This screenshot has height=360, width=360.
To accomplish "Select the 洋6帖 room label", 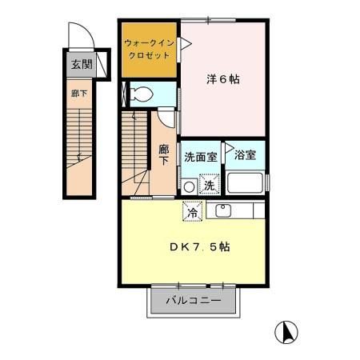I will [223, 79].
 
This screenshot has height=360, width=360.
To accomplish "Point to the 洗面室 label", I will [200, 157].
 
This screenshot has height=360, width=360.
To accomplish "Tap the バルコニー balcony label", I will [193, 302].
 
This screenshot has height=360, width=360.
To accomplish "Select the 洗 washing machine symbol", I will [208, 186].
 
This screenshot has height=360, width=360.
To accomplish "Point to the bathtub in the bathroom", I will [246, 182].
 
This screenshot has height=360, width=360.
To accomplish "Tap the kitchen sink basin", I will [223, 210].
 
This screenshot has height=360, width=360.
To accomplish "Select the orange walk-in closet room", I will [150, 50].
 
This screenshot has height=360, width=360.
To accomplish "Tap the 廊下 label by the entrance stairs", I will [76, 94].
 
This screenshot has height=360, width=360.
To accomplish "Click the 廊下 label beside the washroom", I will [163, 154].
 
